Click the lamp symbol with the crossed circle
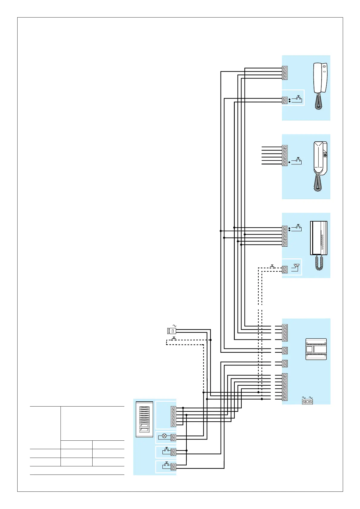[x=164, y=436]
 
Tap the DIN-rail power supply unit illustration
[x=316, y=349]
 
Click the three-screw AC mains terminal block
[x=307, y=402]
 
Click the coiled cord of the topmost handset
[x=318, y=102]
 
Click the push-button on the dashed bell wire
[x=272, y=267]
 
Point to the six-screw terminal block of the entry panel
[x=173, y=417]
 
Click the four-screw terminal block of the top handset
[x=285, y=73]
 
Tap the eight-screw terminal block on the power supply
[x=285, y=387]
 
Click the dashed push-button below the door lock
[x=174, y=339]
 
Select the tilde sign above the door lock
[x=174, y=326]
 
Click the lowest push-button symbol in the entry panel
[x=166, y=465]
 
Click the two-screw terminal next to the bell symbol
[x=285, y=270]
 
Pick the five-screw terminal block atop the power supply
[x=285, y=333]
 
